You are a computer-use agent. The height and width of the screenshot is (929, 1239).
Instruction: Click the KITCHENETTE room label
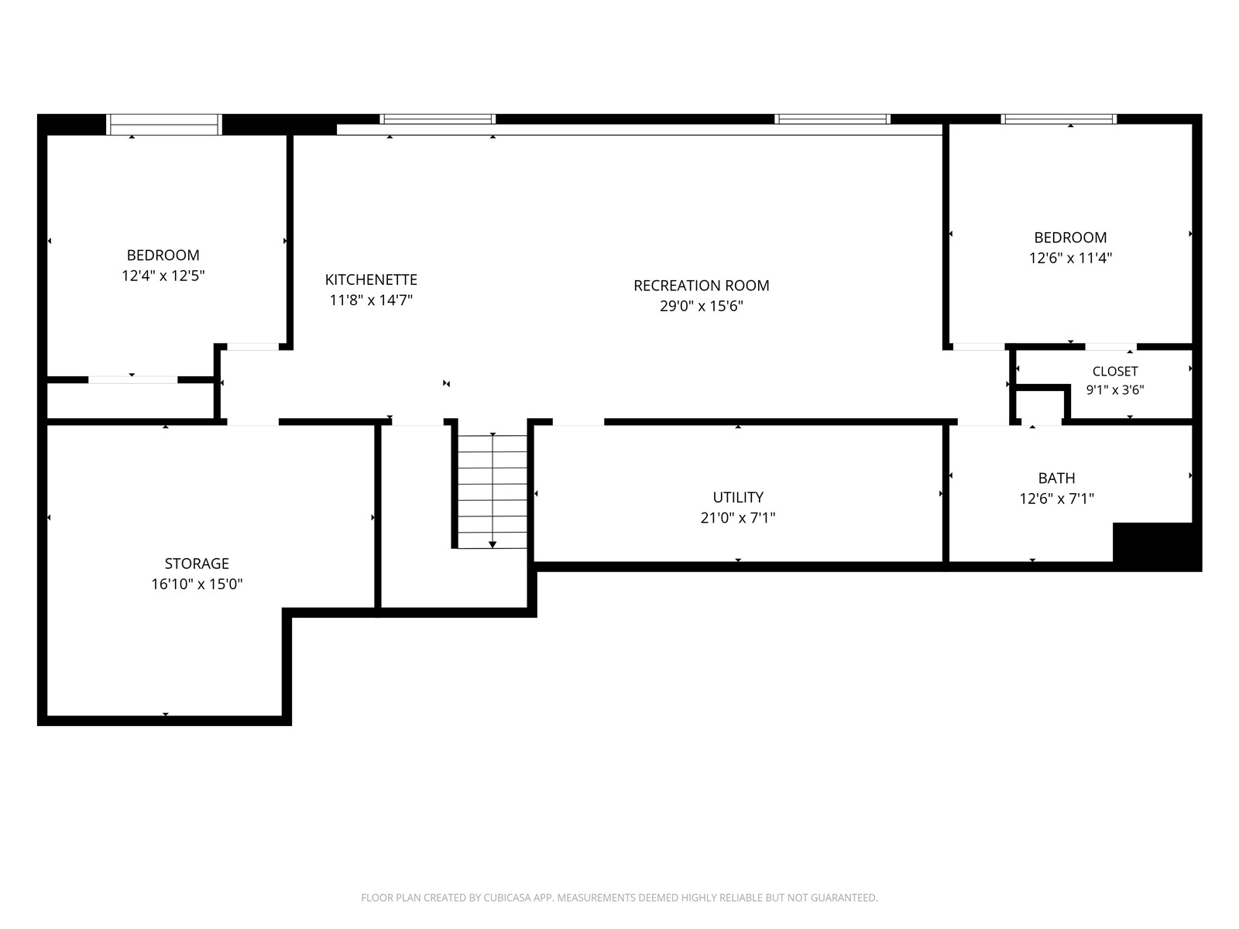[371, 279]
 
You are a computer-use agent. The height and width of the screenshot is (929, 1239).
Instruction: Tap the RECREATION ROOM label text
[701, 286]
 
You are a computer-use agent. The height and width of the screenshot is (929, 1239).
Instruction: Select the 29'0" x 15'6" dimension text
[701, 307]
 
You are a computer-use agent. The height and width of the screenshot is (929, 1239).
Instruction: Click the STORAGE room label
[197, 564]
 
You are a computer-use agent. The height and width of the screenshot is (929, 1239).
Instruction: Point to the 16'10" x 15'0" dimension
[197, 584]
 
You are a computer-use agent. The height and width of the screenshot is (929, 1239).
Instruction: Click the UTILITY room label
[738, 498]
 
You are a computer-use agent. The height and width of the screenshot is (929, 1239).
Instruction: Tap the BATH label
[1056, 478]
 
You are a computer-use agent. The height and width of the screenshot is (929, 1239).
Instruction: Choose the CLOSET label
[1115, 372]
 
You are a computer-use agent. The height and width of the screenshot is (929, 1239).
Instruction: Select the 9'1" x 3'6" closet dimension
[1115, 389]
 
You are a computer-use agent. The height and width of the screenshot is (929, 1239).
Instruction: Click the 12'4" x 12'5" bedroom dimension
[163, 276]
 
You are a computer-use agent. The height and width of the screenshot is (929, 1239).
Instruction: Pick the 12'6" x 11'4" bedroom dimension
[1070, 259]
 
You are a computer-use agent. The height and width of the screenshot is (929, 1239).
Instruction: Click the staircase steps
[493, 492]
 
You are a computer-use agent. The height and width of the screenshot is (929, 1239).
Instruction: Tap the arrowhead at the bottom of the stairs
[493, 544]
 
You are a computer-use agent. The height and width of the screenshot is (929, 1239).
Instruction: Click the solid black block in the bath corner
[1157, 546]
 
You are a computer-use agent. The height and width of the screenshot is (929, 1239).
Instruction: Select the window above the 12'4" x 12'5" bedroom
[163, 124]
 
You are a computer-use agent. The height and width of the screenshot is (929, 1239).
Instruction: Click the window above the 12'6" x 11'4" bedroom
[1059, 119]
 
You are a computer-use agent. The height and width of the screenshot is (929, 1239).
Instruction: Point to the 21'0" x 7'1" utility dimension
[738, 518]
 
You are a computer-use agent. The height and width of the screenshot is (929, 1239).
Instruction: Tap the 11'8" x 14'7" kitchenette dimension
[371, 300]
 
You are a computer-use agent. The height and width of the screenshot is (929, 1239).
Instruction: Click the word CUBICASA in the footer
[506, 897]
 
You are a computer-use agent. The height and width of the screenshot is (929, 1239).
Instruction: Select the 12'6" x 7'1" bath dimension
[1056, 499]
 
